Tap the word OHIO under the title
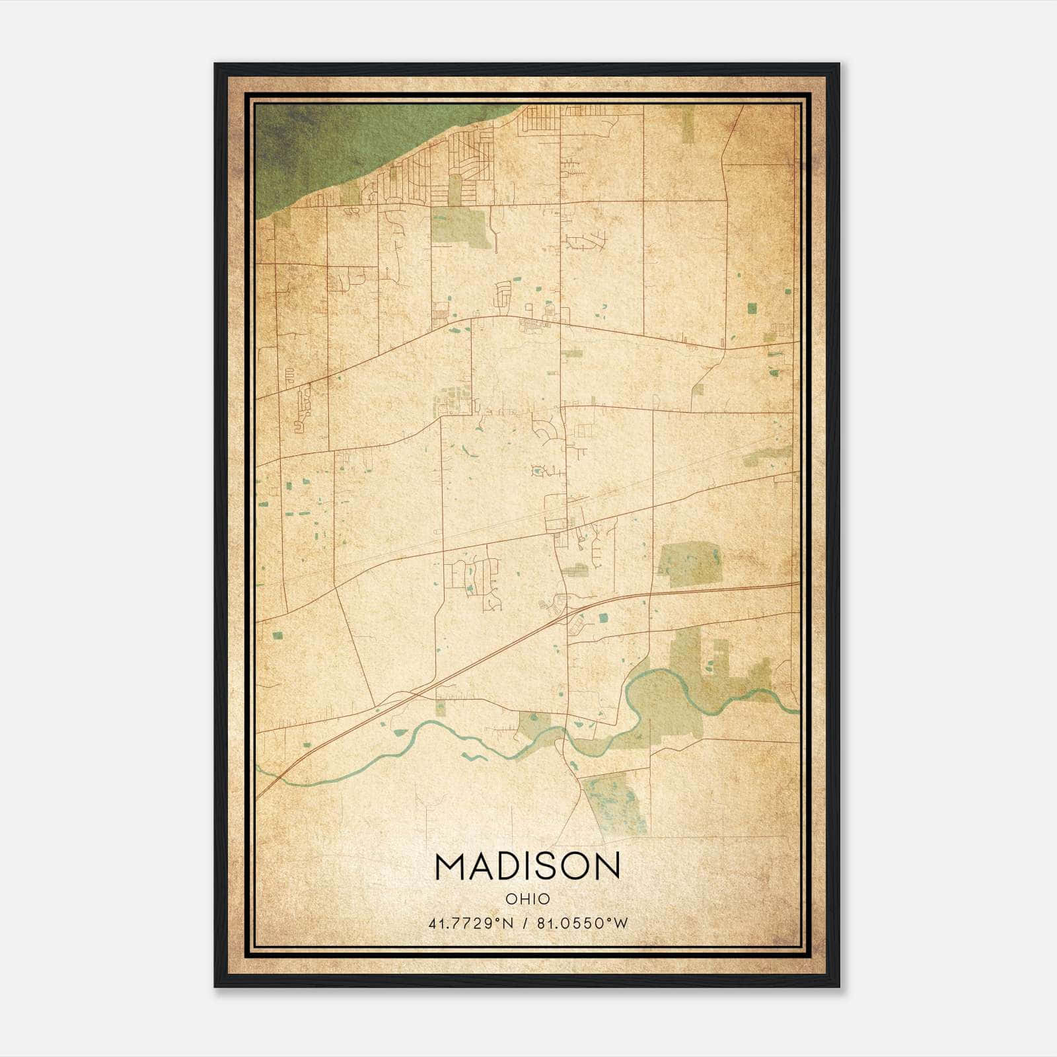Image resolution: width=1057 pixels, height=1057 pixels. (527, 898)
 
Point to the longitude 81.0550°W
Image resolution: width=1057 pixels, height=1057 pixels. (582, 924)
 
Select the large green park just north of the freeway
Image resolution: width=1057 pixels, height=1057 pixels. (689, 565)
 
